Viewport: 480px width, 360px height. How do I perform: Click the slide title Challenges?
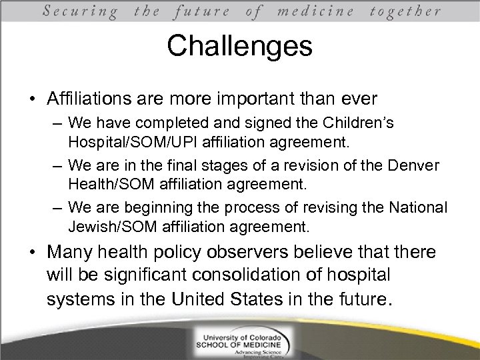point(239,46)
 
